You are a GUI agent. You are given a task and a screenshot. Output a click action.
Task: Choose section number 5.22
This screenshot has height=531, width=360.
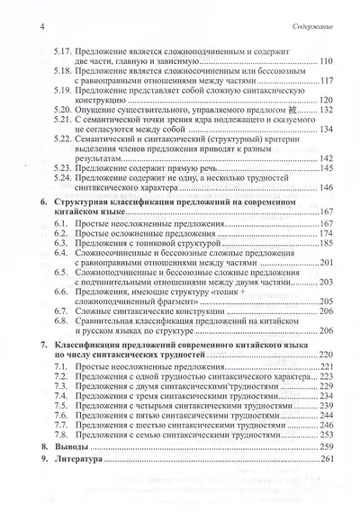coord(62,141)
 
